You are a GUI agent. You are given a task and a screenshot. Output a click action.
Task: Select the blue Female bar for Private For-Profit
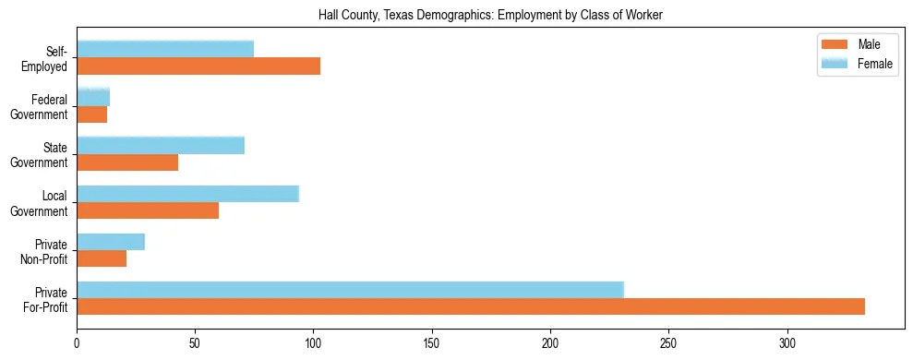(350, 290)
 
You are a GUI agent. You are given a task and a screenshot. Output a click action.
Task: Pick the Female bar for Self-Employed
(165, 50)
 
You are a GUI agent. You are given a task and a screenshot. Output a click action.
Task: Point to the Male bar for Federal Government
(91, 114)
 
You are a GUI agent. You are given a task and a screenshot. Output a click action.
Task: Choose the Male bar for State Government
(127, 162)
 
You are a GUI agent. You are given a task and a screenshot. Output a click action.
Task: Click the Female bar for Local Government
(187, 194)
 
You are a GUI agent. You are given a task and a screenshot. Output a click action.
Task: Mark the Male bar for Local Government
(148, 210)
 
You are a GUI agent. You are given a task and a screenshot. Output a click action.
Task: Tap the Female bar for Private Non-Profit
(111, 242)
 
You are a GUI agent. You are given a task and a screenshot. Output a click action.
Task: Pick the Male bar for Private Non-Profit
(102, 258)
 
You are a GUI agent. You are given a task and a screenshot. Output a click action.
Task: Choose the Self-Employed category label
(46, 59)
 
